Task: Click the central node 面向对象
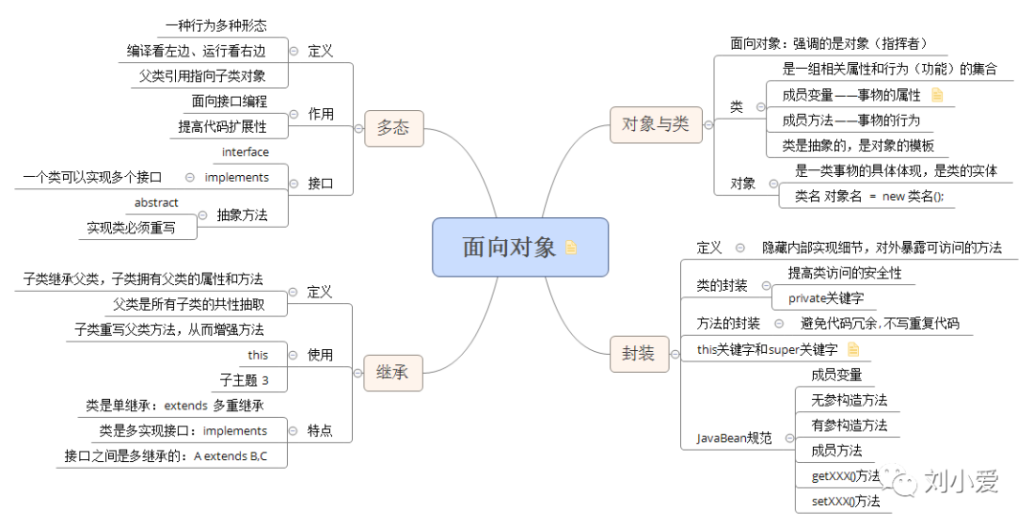coord(509,247)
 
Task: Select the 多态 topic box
coord(393,127)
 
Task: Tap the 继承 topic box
coord(392,372)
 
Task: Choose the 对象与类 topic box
coord(655,124)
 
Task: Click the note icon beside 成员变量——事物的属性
coord(937,95)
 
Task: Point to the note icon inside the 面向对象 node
coord(572,248)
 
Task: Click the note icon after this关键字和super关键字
coord(853,350)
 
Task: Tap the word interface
coord(246,152)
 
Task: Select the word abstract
coord(156,203)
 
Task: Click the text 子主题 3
coord(244,380)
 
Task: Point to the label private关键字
coord(825,297)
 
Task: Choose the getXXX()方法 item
coord(846,475)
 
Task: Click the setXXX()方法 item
coord(846,500)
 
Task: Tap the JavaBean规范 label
coord(734,438)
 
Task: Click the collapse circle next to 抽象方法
coord(202,215)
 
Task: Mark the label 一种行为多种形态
coord(216,26)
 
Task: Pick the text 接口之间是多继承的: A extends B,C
coord(165,456)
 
